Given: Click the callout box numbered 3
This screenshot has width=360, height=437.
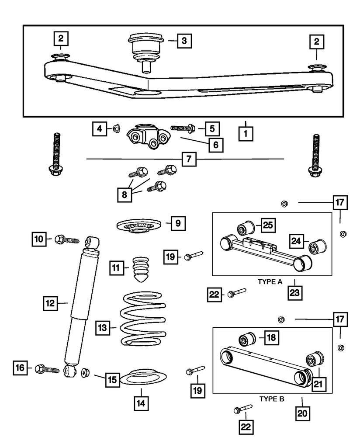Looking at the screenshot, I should (x=184, y=41).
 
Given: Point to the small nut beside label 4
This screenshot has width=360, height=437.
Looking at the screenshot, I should (x=117, y=128).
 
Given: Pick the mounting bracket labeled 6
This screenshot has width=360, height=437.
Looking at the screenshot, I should (x=147, y=136).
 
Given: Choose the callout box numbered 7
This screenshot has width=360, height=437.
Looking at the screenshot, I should (x=188, y=159).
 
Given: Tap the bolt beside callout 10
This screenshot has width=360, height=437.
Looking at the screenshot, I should (x=67, y=239).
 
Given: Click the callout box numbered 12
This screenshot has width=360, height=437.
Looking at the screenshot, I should (x=50, y=302).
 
